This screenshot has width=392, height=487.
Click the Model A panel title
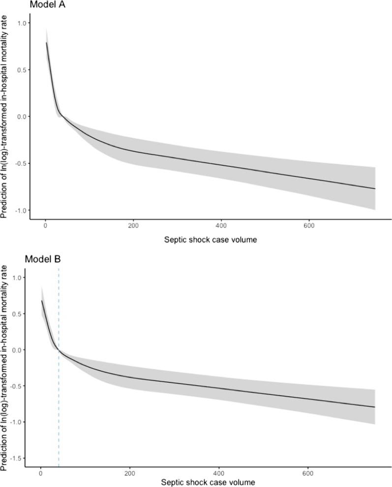tap(48, 5)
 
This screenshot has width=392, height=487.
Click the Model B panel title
tap(43, 259)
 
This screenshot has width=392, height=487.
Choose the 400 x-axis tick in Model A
tap(221, 226)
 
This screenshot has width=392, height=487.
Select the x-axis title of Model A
tap(210, 240)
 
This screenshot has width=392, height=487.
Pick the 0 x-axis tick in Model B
tap(40, 473)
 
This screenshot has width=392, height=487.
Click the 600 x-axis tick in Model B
tap(308, 473)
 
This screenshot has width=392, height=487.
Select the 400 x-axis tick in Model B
tap(219, 473)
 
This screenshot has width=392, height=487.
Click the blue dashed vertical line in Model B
tap(59, 394)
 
